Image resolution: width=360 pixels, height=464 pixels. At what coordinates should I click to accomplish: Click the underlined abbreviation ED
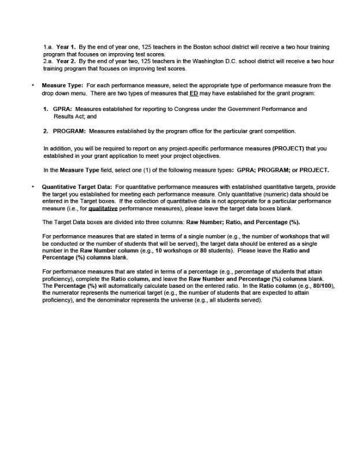pos(194,93)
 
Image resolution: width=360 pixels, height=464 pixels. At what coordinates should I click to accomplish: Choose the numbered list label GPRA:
pos(62,109)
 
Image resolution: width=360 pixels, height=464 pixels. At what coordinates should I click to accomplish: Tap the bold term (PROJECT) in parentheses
pos(288,149)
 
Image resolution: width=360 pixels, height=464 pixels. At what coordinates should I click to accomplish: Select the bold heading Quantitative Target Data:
pos(77,187)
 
